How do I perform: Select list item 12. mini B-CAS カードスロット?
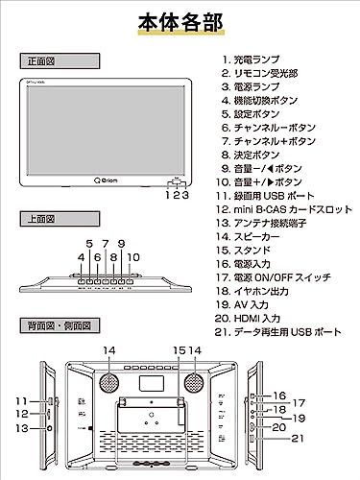tap(284, 207)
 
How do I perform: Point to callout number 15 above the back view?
tap(178, 350)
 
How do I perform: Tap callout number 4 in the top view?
tap(80, 257)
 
